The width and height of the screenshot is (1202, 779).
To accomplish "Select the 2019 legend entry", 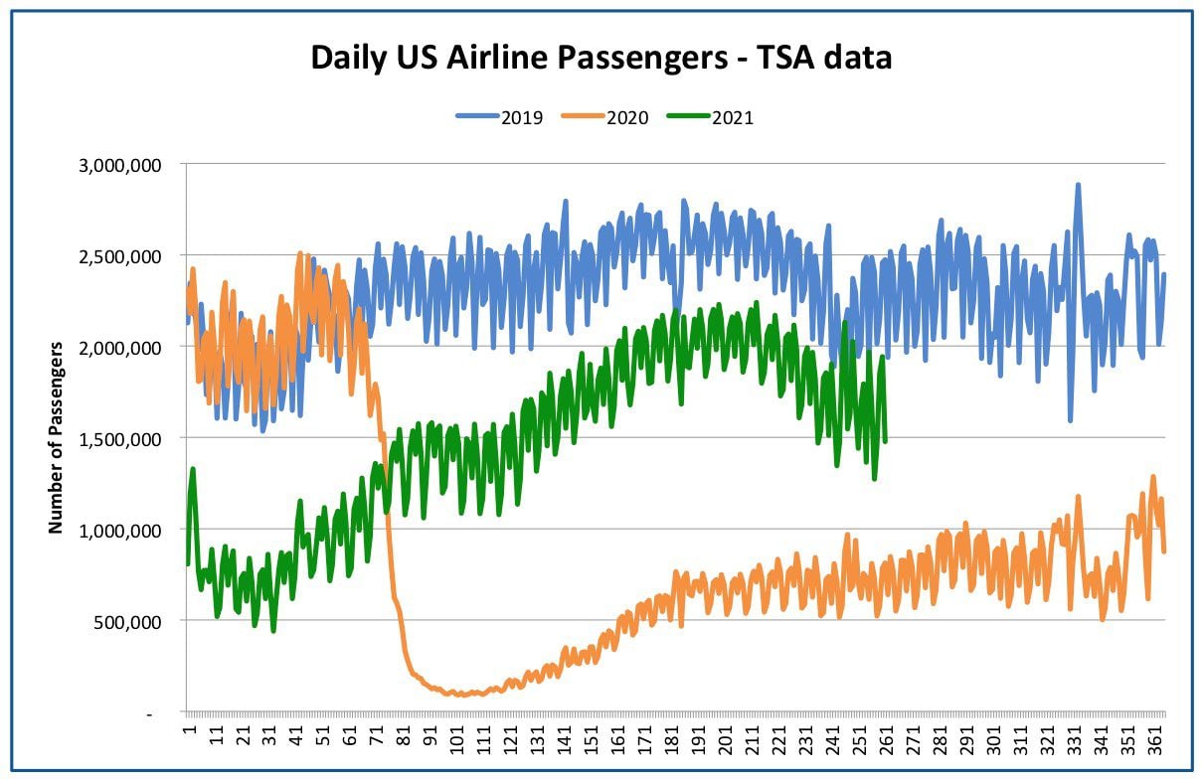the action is pyautogui.click(x=499, y=117).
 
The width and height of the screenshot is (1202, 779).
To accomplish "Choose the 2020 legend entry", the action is pyautogui.click(x=604, y=117).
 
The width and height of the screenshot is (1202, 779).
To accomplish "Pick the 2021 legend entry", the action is pyautogui.click(x=710, y=117).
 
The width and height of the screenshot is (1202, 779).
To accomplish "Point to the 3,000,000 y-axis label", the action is pyautogui.click(x=119, y=165).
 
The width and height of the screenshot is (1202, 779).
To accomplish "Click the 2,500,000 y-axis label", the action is pyautogui.click(x=119, y=256).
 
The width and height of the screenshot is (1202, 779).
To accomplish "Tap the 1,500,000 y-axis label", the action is pyautogui.click(x=119, y=439).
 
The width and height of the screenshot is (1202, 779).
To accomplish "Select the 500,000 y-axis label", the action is pyautogui.click(x=127, y=622).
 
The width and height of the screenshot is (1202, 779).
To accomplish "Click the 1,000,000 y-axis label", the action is pyautogui.click(x=119, y=531).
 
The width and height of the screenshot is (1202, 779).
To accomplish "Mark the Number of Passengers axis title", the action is pyautogui.click(x=56, y=437).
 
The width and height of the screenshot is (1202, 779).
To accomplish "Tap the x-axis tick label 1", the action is pyautogui.click(x=189, y=730).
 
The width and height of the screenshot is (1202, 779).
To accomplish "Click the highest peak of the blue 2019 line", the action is pyautogui.click(x=1077, y=185).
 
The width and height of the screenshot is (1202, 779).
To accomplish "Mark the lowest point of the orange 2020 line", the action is pyautogui.click(x=461, y=695).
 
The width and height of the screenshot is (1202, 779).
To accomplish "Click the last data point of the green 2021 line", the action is pyautogui.click(x=884, y=441).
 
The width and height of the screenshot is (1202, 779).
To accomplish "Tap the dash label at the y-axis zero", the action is pyautogui.click(x=150, y=714).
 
